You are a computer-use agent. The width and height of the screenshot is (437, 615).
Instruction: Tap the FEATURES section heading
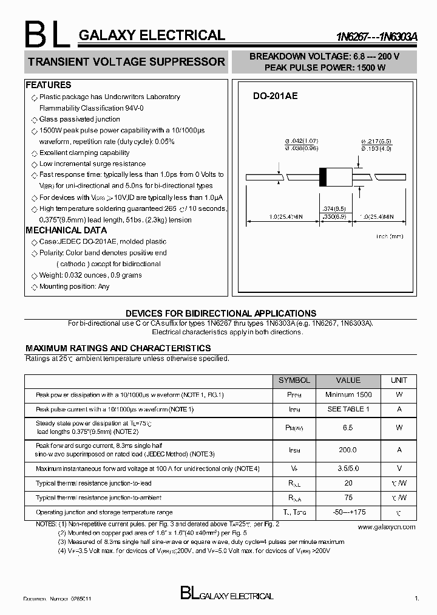point(49,85)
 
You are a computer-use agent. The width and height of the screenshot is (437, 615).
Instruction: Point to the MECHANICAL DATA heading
point(66,230)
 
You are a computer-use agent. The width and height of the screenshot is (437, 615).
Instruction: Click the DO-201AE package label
point(275,96)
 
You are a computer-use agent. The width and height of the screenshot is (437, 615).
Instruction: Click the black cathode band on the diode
point(324,176)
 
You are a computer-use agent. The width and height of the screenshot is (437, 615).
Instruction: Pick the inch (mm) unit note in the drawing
point(389,236)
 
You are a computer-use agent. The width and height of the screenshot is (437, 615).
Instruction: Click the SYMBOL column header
point(294,380)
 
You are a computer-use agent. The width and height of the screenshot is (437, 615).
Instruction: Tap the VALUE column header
point(348,380)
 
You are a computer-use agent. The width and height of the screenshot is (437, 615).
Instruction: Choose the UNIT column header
point(399,380)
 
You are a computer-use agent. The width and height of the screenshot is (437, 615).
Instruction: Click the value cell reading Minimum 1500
point(348,395)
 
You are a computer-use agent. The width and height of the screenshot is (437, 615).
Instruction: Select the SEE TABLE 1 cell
point(348,410)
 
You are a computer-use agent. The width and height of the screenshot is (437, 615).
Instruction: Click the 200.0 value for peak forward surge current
point(348,450)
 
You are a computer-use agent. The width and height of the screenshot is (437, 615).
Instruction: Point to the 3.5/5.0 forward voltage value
point(348,469)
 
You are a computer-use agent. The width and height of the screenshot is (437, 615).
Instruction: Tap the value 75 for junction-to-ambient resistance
point(348,498)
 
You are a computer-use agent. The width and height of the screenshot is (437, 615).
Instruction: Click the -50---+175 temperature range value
point(348,512)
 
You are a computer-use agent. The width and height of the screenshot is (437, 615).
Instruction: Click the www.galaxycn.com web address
point(387,527)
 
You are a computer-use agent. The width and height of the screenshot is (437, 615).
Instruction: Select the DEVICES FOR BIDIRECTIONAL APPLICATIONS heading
point(221,314)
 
